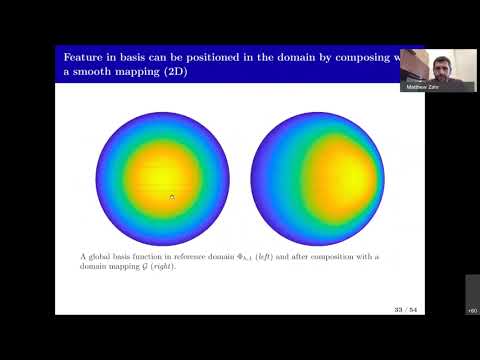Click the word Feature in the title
(82, 56)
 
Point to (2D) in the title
(207, 73)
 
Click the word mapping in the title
(160, 73)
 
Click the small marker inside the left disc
(172, 197)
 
